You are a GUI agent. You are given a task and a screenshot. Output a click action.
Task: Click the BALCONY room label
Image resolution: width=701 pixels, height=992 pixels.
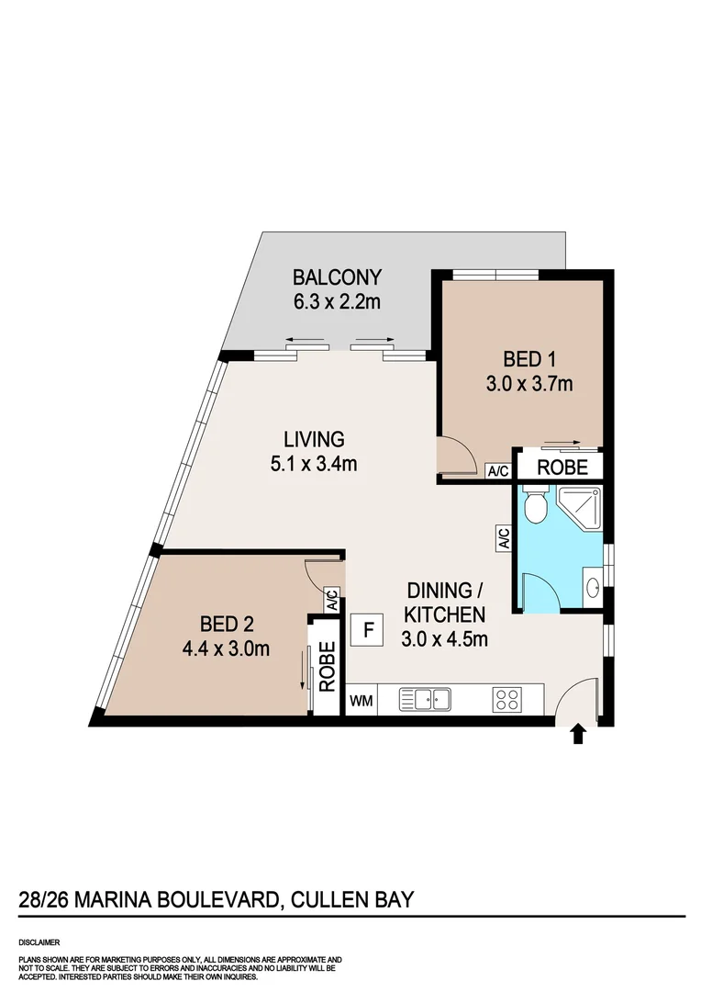pyautogui.click(x=336, y=276)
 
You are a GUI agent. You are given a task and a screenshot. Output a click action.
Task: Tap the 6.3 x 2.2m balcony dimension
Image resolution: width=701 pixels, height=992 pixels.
pyautogui.click(x=336, y=301)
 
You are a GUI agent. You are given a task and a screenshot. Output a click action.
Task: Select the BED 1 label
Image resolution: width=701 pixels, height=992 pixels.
pyautogui.click(x=529, y=359)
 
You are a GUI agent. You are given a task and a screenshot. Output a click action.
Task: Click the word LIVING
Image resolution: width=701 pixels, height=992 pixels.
pyautogui.click(x=313, y=439)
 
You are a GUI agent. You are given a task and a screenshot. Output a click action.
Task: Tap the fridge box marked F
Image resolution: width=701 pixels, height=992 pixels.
pyautogui.click(x=369, y=630)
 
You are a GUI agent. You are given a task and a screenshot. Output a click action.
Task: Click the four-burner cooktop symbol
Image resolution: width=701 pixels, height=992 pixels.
pyautogui.click(x=506, y=699)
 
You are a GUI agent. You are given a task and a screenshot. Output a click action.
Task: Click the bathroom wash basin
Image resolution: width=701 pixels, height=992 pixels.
pyautogui.click(x=592, y=583)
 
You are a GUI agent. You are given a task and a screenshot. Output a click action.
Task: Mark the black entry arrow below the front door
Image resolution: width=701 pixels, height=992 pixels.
pyautogui.click(x=578, y=733)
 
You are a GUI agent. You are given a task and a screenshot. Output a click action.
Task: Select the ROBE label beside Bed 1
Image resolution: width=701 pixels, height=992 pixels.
pyautogui.click(x=562, y=467)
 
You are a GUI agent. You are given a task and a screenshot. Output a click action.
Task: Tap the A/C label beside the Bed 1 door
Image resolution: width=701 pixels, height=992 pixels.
pyautogui.click(x=498, y=471)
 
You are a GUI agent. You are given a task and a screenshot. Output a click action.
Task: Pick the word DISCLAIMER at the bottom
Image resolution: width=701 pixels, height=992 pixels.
pyautogui.click(x=39, y=942)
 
